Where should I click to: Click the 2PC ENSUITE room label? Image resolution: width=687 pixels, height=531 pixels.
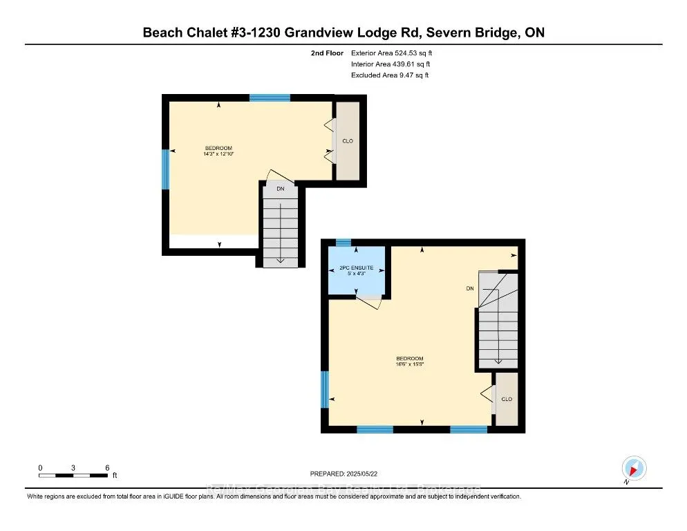point(356,268)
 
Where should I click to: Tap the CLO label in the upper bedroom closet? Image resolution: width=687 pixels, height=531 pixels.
point(348,141)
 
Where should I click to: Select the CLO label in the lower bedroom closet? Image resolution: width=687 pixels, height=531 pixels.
point(507,399)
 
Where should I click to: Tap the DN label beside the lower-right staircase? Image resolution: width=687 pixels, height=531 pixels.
point(469,289)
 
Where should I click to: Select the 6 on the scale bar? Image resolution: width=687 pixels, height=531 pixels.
point(107,467)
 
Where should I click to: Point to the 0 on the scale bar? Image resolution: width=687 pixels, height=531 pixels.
point(40,467)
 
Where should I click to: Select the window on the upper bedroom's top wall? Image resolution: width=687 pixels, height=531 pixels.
point(270,97)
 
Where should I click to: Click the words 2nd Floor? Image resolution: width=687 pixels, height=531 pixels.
point(327,53)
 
